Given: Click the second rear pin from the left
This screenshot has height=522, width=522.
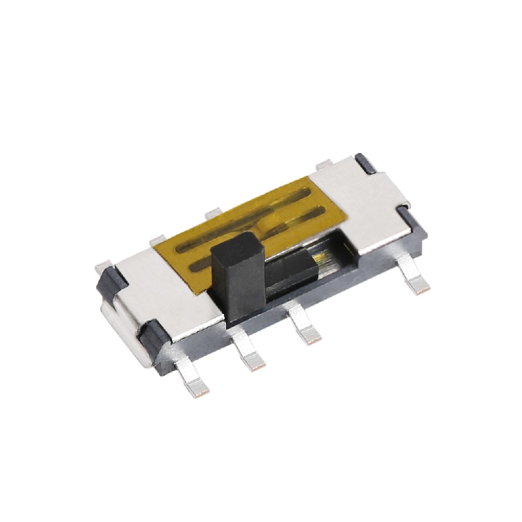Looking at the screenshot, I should (157, 240).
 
